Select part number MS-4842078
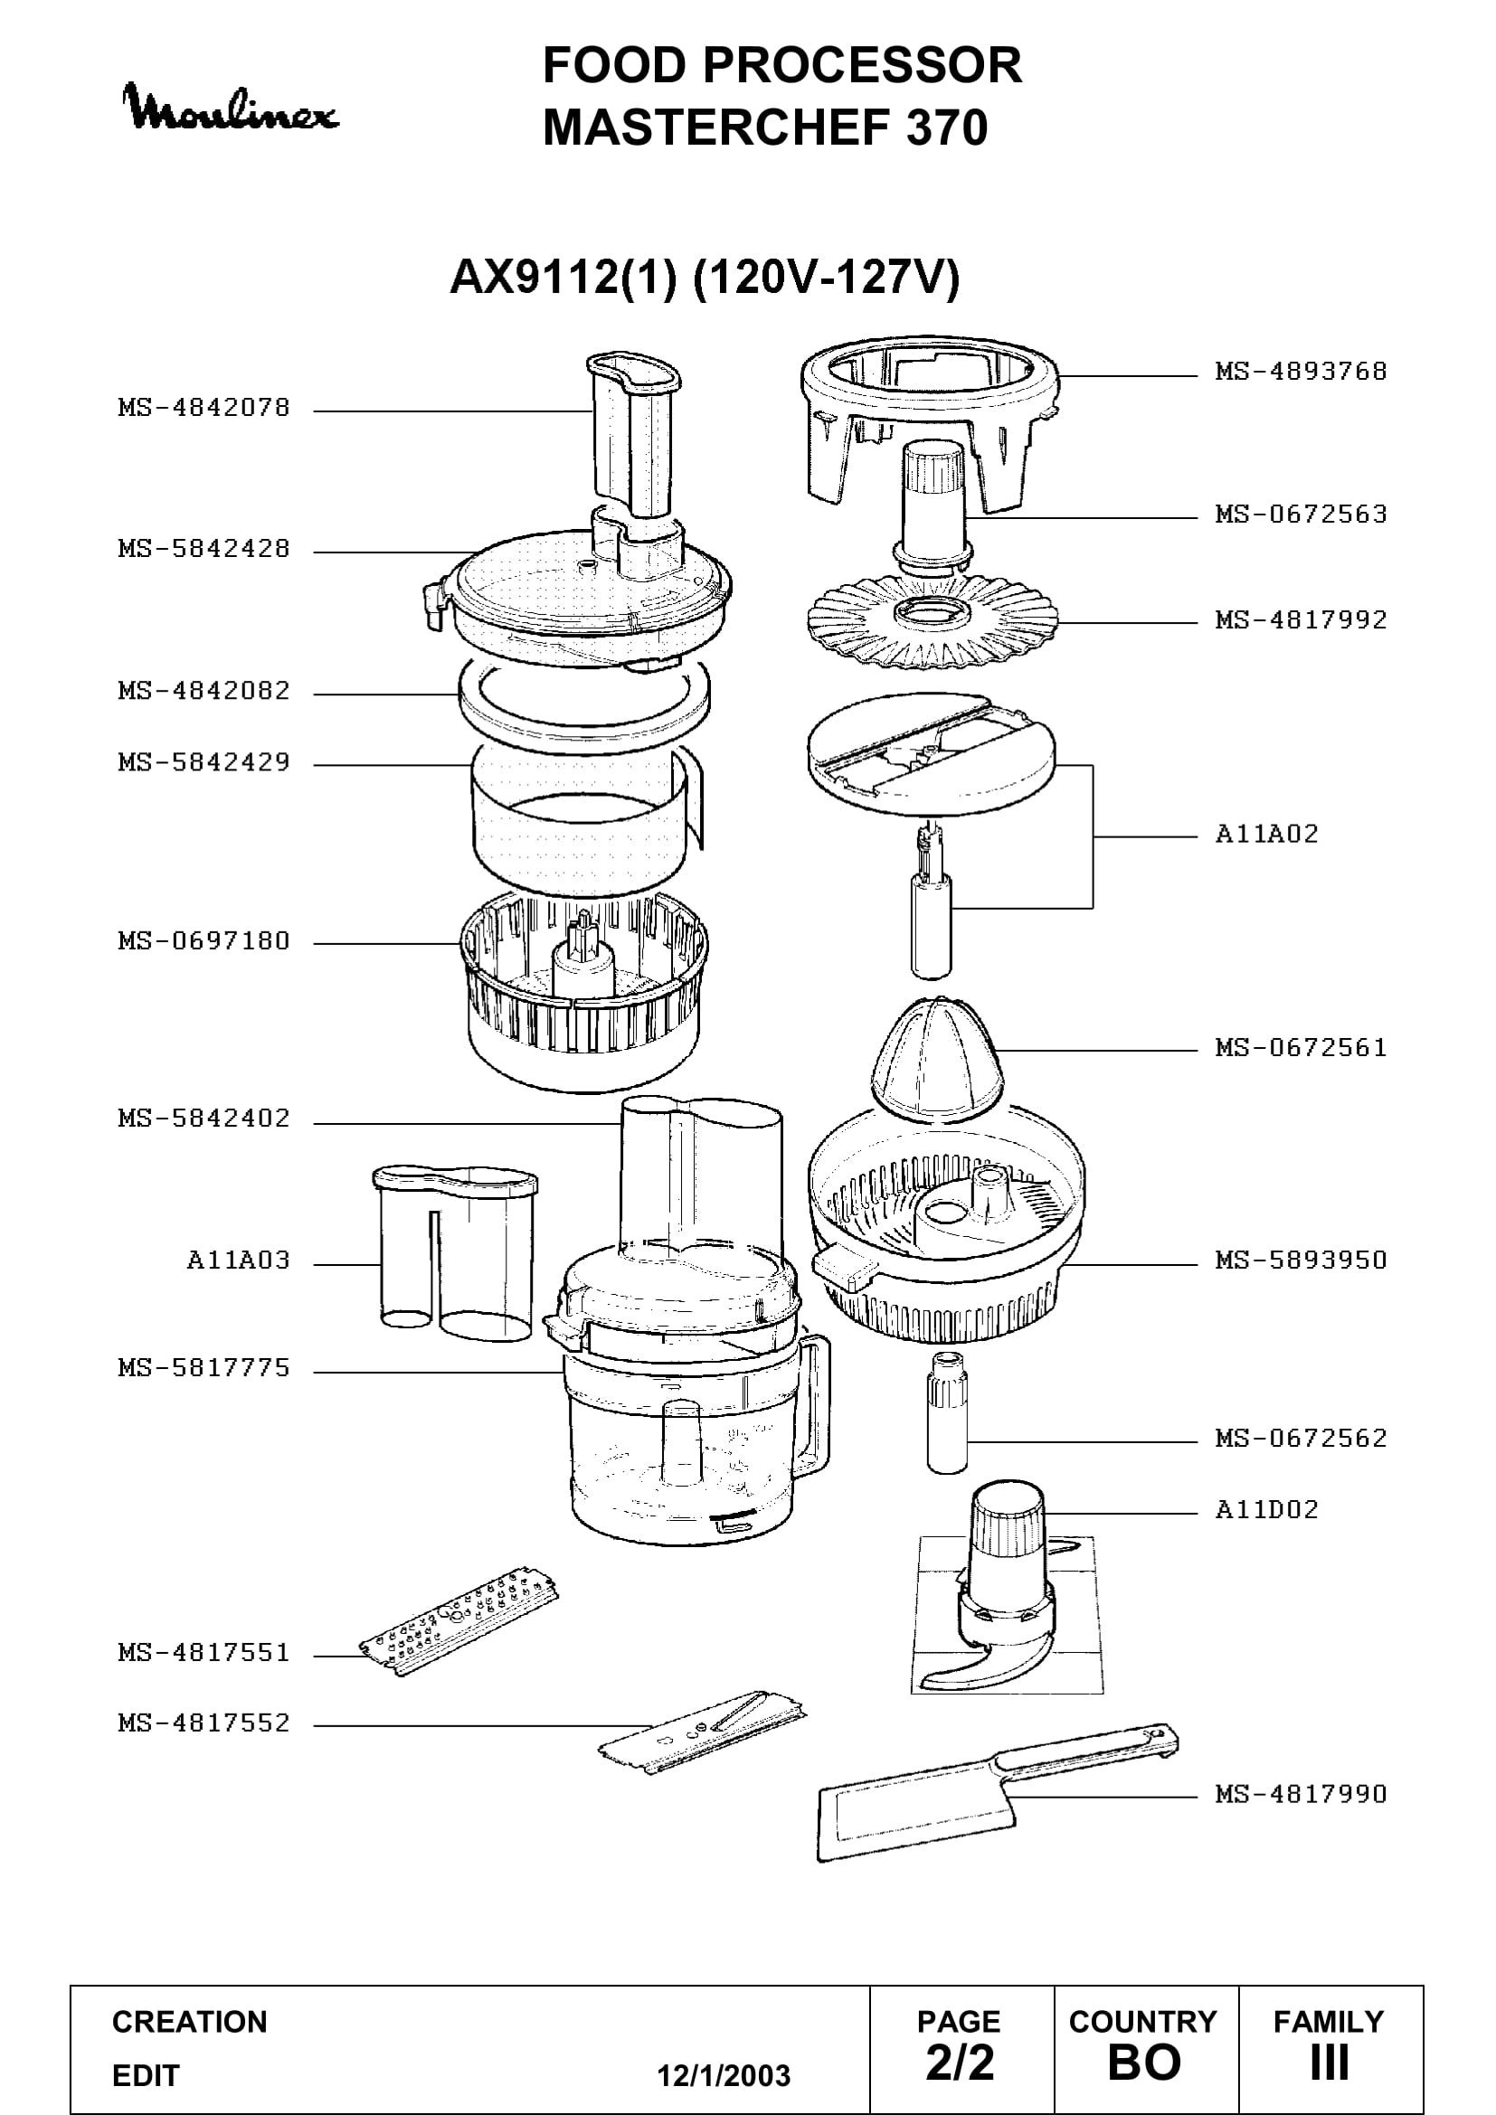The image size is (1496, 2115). tap(204, 407)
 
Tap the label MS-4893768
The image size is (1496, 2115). tap(1301, 372)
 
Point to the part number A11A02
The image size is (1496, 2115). tap(1266, 834)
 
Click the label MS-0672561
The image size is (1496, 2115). tap(1301, 1047)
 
